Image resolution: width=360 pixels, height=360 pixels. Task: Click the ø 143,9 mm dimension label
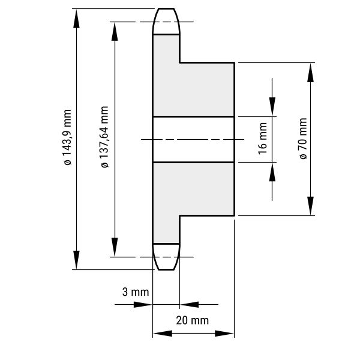click(68, 137)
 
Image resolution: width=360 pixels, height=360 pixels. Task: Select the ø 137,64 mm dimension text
click(104, 137)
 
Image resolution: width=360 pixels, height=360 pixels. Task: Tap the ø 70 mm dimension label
click(303, 139)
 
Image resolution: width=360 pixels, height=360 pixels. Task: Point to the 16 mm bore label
click(263, 139)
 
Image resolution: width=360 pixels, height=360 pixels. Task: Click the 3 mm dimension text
click(136, 292)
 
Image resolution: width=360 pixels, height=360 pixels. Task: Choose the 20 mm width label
click(193, 320)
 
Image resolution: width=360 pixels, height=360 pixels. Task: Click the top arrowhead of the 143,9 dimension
click(76, 19)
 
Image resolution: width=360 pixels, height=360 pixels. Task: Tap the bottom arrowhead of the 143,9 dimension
click(76, 260)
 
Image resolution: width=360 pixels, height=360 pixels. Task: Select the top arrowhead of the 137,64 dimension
click(115, 31)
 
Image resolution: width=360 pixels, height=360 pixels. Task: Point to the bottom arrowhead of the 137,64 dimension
click(115, 247)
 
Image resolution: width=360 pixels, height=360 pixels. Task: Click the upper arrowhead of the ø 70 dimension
click(310, 73)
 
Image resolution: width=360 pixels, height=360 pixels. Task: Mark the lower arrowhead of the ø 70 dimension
click(310, 206)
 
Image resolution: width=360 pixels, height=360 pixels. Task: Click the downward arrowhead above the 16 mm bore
click(272, 107)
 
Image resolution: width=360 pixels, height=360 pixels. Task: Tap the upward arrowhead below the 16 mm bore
click(272, 172)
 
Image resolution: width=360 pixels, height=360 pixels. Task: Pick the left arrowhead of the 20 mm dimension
click(163, 334)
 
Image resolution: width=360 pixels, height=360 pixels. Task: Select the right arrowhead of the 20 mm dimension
click(224, 334)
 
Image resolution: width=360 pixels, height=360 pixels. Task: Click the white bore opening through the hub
click(194, 140)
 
